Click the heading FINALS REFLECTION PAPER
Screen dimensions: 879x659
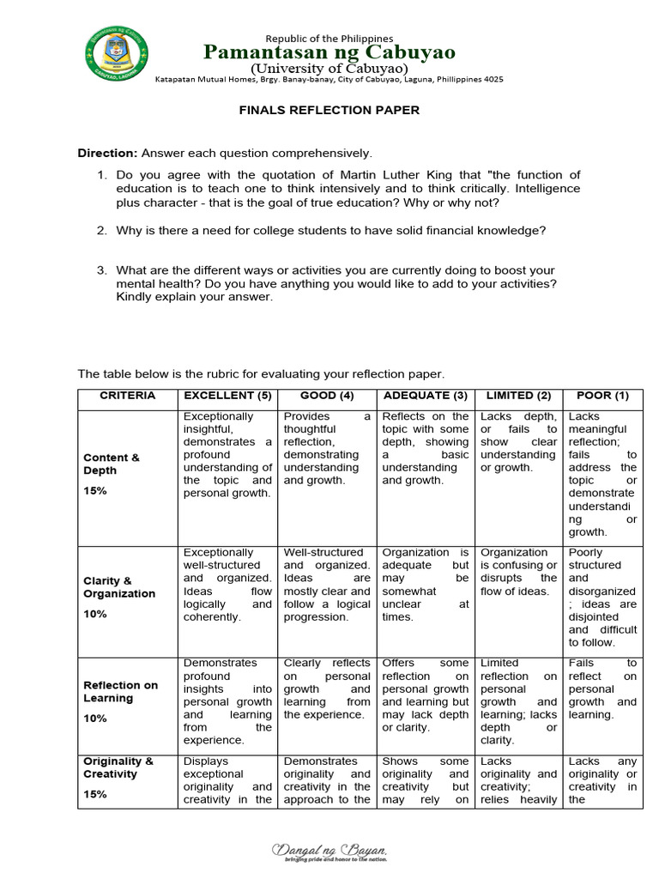(x=329, y=111)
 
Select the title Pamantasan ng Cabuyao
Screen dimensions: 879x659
(x=329, y=53)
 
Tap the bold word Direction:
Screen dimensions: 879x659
(x=107, y=153)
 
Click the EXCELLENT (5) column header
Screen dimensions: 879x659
(x=227, y=396)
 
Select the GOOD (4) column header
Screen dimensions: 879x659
(x=328, y=396)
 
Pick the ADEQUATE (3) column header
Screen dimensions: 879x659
(x=426, y=396)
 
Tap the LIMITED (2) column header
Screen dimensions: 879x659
(x=518, y=396)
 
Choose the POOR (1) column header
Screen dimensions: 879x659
(x=602, y=396)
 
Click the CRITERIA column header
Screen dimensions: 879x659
(x=127, y=396)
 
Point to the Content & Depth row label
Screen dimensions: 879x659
(x=112, y=464)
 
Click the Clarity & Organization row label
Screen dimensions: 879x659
(x=119, y=587)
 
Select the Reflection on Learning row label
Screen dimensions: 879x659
(x=121, y=692)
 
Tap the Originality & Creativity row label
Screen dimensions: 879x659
(x=118, y=767)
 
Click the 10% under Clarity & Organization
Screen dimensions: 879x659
(x=95, y=614)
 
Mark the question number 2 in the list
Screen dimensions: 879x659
(x=101, y=230)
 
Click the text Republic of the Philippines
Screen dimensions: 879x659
(x=329, y=39)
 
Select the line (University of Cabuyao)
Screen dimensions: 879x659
(x=329, y=68)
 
